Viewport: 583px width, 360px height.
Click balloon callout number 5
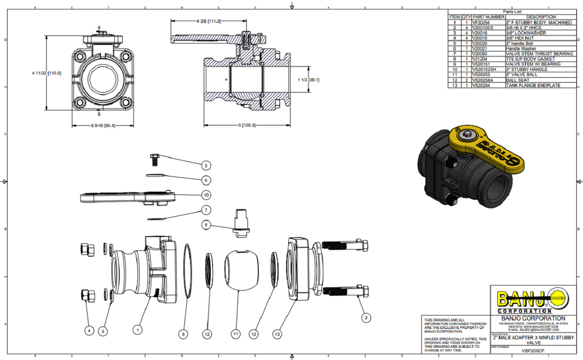point(206,165)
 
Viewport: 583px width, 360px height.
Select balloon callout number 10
point(206,195)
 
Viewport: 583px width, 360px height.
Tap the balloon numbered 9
point(206,224)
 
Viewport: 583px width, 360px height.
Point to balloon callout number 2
point(366,317)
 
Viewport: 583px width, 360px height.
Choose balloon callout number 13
point(277,333)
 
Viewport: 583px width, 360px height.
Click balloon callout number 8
point(183,333)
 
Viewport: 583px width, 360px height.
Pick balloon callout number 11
point(236,333)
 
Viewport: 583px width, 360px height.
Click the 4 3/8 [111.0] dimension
point(208,22)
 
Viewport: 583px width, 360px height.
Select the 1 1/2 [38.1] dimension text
point(308,80)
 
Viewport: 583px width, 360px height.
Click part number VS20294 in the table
point(482,86)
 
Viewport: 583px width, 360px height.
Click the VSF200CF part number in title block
point(533,351)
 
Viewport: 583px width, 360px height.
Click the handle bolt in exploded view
point(155,159)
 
